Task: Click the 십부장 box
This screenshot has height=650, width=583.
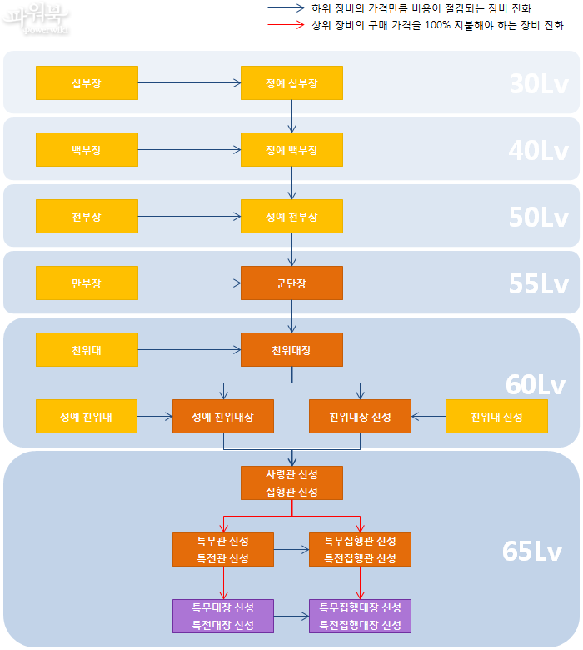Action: click(87, 83)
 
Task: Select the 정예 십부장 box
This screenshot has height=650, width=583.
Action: click(291, 83)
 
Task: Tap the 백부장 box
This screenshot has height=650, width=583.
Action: click(87, 150)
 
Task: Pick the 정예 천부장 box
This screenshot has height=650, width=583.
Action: click(291, 217)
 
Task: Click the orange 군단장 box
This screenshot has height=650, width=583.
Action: click(291, 283)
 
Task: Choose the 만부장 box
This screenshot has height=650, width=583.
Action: click(87, 283)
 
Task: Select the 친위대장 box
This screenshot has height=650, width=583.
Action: click(291, 350)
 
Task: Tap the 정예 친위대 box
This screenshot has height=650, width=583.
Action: click(87, 417)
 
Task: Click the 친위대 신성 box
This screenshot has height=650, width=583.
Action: click(496, 417)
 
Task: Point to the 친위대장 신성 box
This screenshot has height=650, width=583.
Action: click(360, 417)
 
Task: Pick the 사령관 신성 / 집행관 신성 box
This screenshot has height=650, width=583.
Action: click(291, 482)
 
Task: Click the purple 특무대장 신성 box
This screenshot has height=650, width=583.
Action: click(223, 616)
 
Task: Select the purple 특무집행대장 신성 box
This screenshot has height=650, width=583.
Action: click(360, 616)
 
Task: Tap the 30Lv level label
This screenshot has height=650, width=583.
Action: click(538, 84)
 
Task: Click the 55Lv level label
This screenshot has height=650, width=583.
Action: click(538, 284)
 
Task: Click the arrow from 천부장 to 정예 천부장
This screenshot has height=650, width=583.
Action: click(189, 217)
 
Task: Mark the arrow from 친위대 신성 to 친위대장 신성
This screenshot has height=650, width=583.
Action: click(429, 417)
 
